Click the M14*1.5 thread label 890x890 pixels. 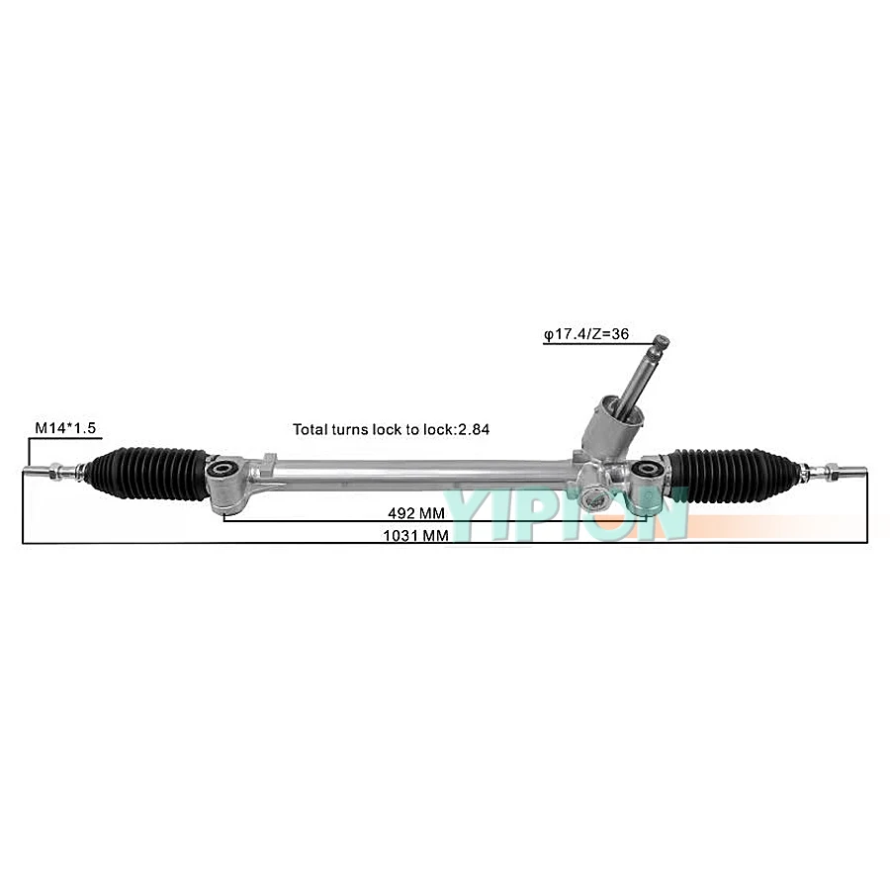[65, 427]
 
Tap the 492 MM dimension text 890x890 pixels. [415, 514]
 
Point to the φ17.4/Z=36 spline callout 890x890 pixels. [585, 334]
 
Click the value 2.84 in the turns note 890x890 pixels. [474, 429]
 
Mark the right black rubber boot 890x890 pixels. [731, 468]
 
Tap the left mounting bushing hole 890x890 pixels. [226, 468]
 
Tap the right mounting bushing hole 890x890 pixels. [649, 468]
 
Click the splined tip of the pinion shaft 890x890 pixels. [661, 343]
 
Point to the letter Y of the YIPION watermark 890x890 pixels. [471, 509]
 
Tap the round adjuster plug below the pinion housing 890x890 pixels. [595, 497]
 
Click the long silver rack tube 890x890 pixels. [415, 471]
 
